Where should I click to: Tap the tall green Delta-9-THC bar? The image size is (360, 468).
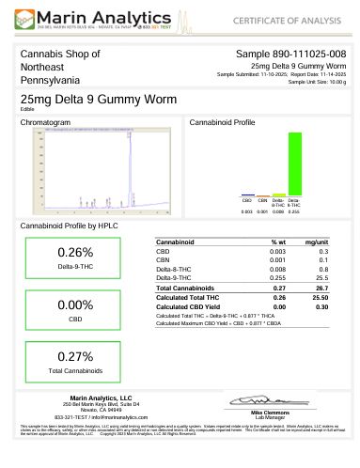coord(294,163)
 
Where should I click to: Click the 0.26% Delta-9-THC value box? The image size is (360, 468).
coord(75,257)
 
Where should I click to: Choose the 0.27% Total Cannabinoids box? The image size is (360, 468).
coord(75,362)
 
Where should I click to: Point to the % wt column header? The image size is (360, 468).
coord(276,242)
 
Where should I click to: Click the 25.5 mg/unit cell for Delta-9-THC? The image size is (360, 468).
coord(321,277)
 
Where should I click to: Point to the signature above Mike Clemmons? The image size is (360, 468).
coord(268,403)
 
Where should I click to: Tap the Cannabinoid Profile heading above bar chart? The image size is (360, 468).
coord(222,123)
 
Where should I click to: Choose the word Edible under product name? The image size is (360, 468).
coord(26,109)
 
